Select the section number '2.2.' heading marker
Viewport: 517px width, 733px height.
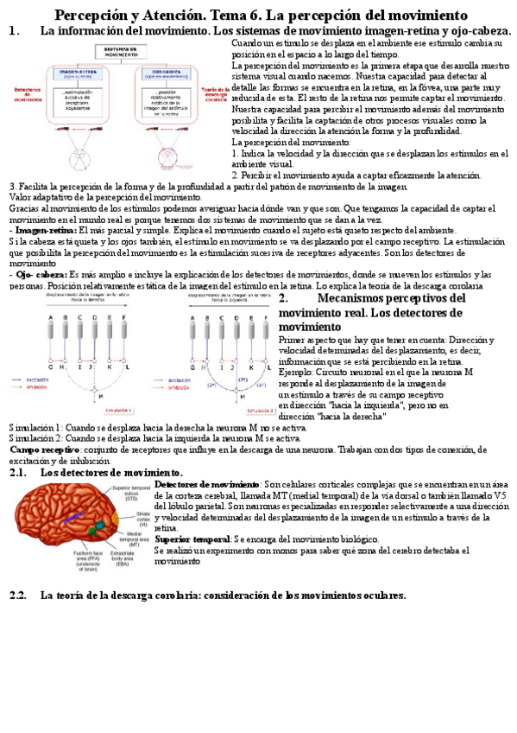pos(18,596)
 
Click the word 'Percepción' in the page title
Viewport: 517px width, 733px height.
pos(90,16)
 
